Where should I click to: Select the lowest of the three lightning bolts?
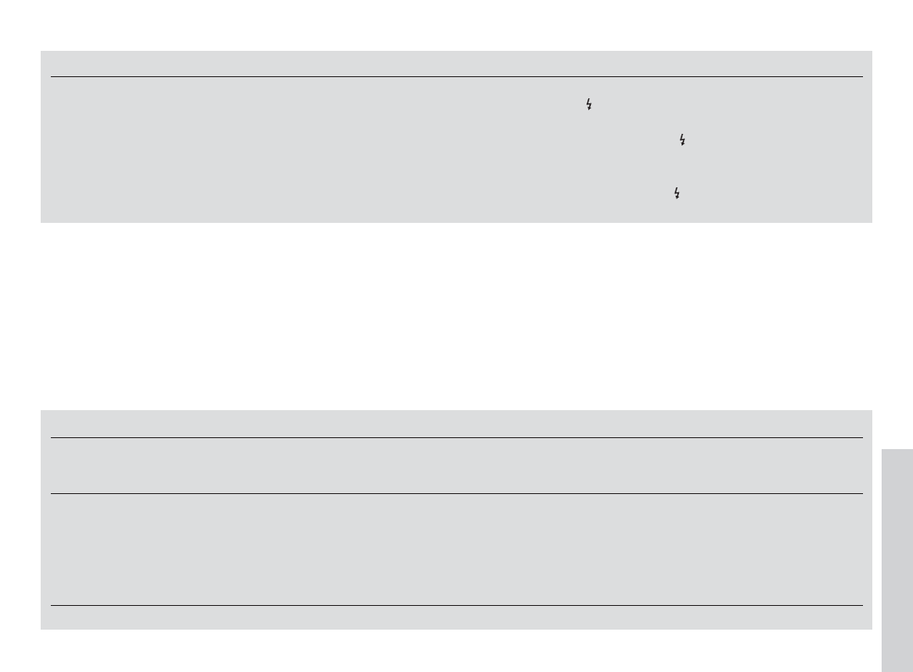click(x=676, y=194)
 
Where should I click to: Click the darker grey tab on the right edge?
click(x=897, y=559)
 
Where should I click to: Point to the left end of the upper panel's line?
click(x=51, y=77)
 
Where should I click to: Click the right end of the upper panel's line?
click(x=862, y=77)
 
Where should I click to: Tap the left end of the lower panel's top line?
click(x=51, y=437)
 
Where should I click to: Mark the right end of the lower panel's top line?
click(x=862, y=437)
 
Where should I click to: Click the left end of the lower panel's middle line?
click(x=51, y=493)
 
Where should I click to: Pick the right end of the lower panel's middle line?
click(x=862, y=493)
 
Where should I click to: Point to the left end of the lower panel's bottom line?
click(x=51, y=605)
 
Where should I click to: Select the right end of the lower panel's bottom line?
click(x=862, y=605)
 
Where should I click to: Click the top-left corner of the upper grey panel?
click(x=42, y=52)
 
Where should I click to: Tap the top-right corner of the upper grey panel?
click(x=871, y=52)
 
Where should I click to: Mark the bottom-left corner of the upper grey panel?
click(x=42, y=222)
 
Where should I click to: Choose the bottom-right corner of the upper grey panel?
click(x=871, y=222)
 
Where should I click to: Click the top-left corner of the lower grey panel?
click(x=42, y=411)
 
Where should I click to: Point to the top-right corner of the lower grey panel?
click(x=871, y=411)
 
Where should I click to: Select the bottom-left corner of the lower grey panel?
click(x=42, y=628)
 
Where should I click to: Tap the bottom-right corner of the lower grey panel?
click(x=871, y=628)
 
